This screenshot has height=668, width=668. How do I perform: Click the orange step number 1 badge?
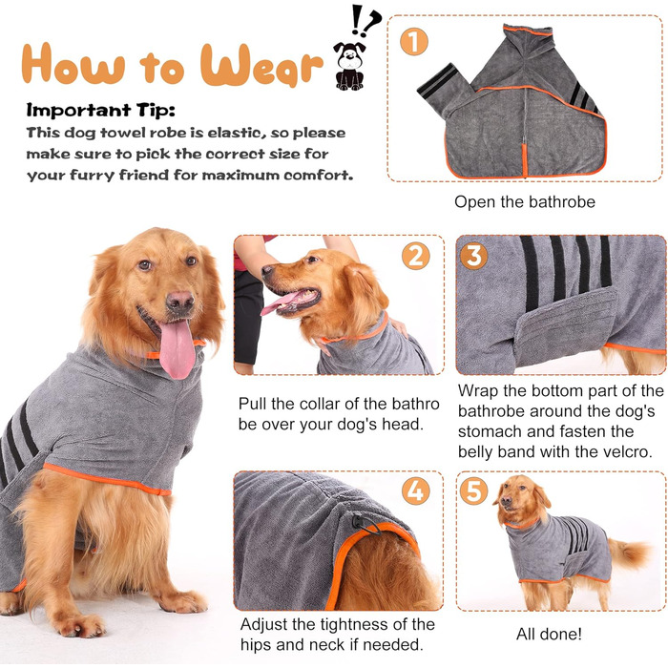pyautogui.click(x=413, y=41)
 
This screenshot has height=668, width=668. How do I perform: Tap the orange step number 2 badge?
pyautogui.click(x=416, y=256)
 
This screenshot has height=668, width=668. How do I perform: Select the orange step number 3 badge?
pyautogui.click(x=473, y=256)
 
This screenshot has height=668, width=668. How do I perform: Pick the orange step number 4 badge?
pyautogui.click(x=415, y=491)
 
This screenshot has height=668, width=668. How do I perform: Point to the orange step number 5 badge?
pyautogui.click(x=473, y=491)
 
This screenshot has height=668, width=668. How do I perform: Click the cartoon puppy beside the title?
pyautogui.click(x=349, y=66)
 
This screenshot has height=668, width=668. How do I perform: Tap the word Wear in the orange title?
pyautogui.click(x=261, y=64)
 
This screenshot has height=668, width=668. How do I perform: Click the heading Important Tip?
pyautogui.click(x=100, y=110)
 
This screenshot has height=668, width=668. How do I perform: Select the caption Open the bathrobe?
pyautogui.click(x=525, y=202)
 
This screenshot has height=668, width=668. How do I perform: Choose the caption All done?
pyautogui.click(x=549, y=634)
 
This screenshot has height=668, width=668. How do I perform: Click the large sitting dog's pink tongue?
pyautogui.click(x=177, y=348)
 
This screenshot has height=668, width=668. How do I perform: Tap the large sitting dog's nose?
pyautogui.click(x=179, y=301)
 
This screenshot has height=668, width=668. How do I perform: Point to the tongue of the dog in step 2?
pyautogui.click(x=278, y=303)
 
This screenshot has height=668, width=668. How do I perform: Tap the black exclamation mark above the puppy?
pyautogui.click(x=357, y=20)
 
